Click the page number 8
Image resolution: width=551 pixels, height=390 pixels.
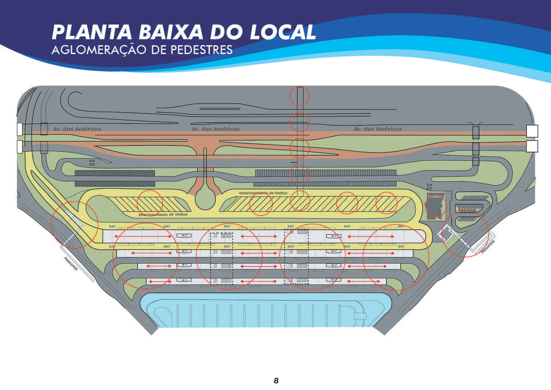click(276, 381)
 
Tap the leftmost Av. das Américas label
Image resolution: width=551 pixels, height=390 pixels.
click(77, 129)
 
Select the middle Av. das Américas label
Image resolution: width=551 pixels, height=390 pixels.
click(216, 129)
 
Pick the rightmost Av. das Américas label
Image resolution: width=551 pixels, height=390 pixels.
click(378, 129)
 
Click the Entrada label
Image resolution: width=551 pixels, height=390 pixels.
click(435, 196)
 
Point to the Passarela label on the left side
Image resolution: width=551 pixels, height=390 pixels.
click(71, 264)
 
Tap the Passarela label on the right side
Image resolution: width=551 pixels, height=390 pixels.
click(488, 247)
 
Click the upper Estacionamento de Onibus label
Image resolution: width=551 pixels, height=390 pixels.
click(263, 193)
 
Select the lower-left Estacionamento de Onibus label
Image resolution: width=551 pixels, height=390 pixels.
click(163, 215)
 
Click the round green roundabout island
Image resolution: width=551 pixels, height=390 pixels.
click(205, 197)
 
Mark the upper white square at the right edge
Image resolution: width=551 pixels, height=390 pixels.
click(532, 131)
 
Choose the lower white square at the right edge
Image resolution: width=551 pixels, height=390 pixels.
click(532, 146)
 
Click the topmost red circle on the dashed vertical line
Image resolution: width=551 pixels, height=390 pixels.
click(299, 96)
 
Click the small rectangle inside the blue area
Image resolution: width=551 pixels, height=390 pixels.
click(360, 316)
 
